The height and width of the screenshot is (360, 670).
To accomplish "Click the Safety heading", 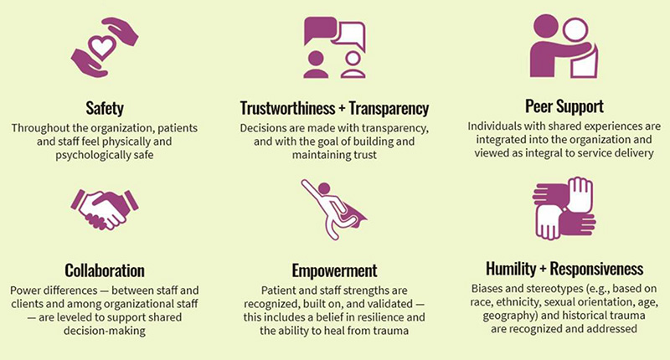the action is (105, 108).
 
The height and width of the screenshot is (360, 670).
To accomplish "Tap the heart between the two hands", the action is (101, 47).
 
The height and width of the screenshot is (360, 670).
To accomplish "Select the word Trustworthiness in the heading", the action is (287, 108).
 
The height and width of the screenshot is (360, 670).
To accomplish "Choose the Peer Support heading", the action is (564, 106).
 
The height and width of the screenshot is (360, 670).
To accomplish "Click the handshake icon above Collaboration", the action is (105, 209).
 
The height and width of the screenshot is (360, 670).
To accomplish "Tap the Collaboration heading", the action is (105, 270).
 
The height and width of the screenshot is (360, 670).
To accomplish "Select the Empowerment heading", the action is (334, 270).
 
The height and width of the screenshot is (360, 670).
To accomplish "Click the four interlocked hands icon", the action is (564, 208).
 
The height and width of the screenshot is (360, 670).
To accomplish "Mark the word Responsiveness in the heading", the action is (596, 269).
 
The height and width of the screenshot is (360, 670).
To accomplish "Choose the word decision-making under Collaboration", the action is (105, 331).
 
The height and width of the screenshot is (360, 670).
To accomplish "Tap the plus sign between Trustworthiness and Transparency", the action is (342, 109).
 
